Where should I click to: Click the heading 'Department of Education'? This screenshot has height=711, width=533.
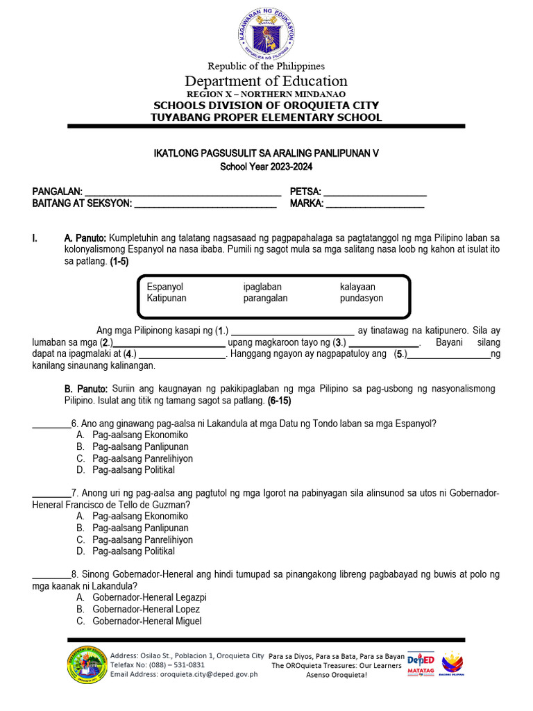266,81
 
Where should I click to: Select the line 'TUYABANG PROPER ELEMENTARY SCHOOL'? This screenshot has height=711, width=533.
266,117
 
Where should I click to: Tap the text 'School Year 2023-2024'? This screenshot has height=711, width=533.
266,167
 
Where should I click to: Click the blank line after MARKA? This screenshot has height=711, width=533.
375,205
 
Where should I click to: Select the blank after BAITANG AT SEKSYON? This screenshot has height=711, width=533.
205,205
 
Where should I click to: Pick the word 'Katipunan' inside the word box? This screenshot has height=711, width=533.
167,299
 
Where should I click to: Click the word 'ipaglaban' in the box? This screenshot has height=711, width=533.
262,287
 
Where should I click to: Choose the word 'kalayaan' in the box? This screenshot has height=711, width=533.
357,287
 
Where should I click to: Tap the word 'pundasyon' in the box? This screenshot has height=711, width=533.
361,299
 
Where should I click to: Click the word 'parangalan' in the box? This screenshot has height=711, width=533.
265,299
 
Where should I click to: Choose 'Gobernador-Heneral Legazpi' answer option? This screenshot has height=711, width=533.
149,598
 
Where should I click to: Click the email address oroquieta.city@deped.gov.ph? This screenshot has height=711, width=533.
209,674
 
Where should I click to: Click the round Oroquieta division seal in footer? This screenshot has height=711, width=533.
87,664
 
